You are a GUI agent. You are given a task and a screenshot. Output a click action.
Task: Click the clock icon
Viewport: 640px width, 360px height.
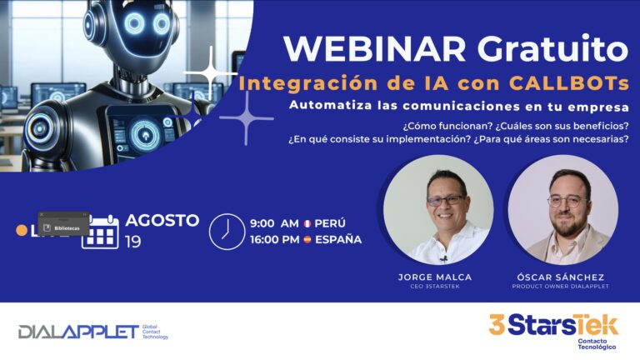224,231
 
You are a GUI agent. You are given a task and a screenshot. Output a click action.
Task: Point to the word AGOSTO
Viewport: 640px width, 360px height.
162,221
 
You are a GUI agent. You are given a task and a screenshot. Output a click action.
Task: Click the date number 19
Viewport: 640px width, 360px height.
133,242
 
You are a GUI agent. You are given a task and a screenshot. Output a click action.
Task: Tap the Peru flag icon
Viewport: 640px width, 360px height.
307,224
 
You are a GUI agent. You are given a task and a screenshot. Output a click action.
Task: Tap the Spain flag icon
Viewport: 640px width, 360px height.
307,239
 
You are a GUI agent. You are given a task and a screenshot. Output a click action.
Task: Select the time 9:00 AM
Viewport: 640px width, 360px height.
274,224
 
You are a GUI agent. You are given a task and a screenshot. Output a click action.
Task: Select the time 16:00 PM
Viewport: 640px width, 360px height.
274,239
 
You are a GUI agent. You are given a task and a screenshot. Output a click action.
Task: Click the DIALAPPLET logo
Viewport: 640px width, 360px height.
79,332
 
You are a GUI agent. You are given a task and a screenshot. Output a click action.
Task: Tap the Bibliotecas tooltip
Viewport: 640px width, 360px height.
63,226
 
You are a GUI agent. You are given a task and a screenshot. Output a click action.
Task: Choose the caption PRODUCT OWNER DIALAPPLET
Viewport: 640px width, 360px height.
560,287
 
